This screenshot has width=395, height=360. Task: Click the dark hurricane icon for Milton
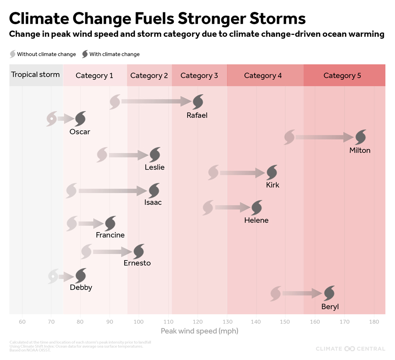tap(360, 137)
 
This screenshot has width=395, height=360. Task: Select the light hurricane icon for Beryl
tap(276, 293)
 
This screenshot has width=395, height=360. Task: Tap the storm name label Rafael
tap(197, 115)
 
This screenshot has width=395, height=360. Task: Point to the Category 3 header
tap(199, 75)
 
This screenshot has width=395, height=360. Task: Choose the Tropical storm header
tap(36, 75)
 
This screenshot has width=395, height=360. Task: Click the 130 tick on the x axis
tap(227, 322)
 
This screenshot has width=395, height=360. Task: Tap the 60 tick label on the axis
tap(22, 322)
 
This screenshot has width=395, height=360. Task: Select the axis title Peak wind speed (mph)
tap(199, 331)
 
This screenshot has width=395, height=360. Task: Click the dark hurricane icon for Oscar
tap(80, 119)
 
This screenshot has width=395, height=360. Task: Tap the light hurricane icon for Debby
tap(53, 276)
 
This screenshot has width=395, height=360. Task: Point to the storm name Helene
tap(256, 220)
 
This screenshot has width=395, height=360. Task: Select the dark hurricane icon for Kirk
tap(272, 173)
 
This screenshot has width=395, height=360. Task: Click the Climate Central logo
tap(350, 348)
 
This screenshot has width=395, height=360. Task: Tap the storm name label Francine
tap(110, 235)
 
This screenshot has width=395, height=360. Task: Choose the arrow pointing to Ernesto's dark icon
tap(112, 252)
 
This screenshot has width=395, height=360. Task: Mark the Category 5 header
tap(342, 75)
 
